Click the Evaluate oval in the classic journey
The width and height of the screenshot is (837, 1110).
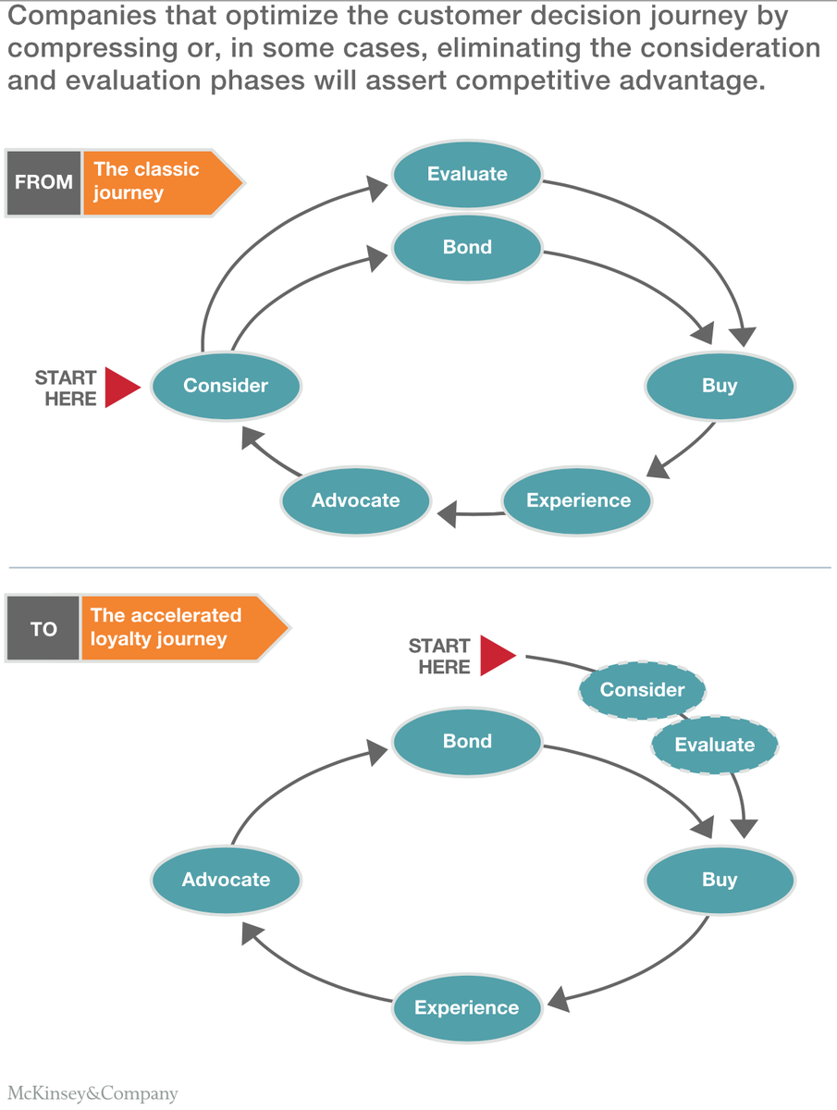[x=467, y=174]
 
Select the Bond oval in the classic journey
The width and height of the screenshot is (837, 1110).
[x=467, y=248]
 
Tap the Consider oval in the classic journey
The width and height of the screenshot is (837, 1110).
[x=226, y=386]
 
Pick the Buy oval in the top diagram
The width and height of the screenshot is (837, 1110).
[x=720, y=386]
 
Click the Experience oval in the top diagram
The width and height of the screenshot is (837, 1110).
[x=578, y=500]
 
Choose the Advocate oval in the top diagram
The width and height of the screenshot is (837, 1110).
[x=356, y=500]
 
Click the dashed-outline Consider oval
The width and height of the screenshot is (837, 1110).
[x=642, y=690]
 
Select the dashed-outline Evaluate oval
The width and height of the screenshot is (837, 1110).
[x=715, y=745]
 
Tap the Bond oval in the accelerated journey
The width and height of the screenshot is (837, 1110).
[x=467, y=742]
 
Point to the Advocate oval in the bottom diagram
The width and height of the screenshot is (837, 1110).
[x=226, y=880]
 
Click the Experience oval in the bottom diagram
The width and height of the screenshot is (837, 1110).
[x=467, y=1007]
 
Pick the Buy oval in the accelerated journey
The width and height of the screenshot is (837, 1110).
[x=720, y=880]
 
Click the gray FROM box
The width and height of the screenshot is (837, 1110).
[x=43, y=182]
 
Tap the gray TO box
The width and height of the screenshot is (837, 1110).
[x=43, y=629]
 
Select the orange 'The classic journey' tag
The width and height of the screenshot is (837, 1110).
[x=157, y=182]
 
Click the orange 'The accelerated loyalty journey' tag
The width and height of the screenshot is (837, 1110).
[x=176, y=629]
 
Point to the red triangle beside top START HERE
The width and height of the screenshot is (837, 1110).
[x=120, y=388]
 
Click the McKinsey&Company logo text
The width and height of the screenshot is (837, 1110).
[x=93, y=1093]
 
